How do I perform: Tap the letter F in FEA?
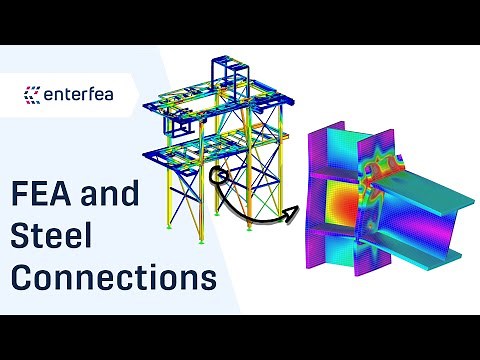point(23,194)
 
